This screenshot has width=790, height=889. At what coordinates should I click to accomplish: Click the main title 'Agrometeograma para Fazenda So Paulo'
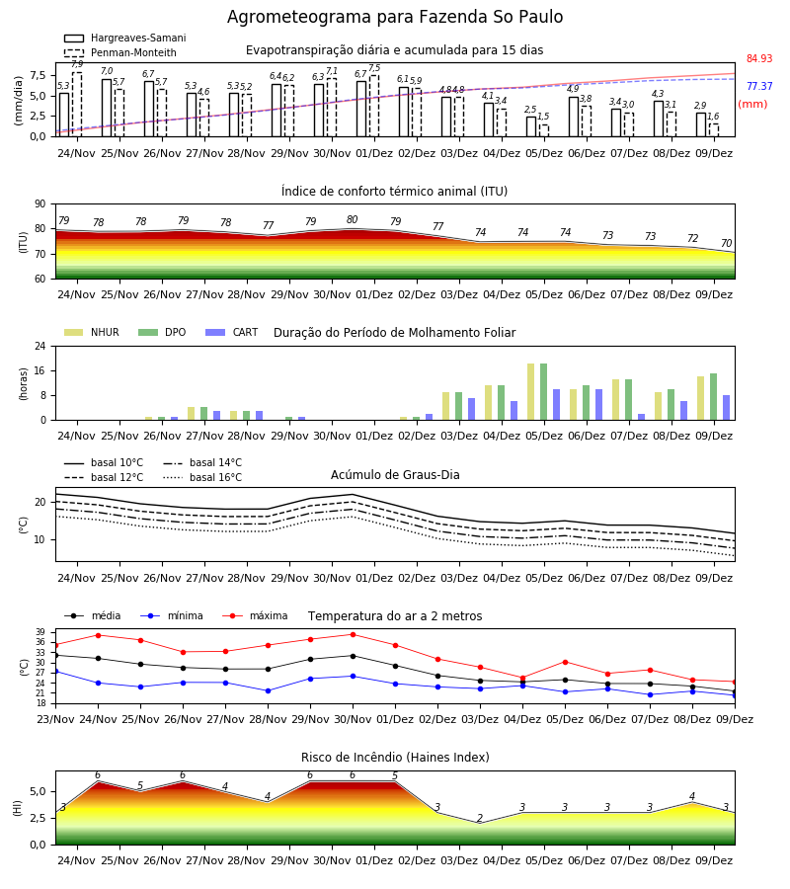[x=395, y=17]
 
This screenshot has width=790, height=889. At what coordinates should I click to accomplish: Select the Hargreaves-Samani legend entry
[x=125, y=38]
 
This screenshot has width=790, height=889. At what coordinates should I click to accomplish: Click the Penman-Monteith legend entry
[x=120, y=52]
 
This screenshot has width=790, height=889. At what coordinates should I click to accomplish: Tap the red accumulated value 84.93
[x=759, y=59]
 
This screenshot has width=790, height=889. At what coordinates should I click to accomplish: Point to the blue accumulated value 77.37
[x=759, y=86]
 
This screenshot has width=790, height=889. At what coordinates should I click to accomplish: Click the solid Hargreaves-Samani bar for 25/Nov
[x=107, y=108]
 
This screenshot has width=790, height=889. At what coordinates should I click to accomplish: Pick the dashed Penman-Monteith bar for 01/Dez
[x=374, y=106]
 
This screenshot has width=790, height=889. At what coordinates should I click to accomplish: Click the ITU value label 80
[x=352, y=219]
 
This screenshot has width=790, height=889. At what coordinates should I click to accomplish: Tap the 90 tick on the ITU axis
[x=40, y=204]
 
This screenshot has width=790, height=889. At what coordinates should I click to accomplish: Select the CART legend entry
[x=232, y=332]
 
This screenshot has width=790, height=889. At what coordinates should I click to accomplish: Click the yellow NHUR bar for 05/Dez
[x=531, y=392]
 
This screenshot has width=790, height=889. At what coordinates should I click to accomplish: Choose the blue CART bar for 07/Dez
[x=642, y=417]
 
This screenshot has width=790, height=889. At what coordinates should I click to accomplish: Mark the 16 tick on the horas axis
[x=40, y=370]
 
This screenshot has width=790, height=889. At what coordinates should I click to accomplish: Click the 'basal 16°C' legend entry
[x=202, y=477]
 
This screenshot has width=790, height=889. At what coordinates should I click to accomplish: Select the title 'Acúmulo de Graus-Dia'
[x=395, y=475]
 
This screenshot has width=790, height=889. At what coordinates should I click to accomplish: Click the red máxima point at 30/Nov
[x=354, y=634]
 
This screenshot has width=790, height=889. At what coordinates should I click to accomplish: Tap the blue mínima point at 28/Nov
[x=268, y=691]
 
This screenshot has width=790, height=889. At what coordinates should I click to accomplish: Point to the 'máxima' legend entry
[x=256, y=615]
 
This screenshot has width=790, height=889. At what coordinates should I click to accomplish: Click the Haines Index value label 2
[x=480, y=818]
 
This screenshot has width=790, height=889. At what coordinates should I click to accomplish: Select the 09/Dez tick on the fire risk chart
[x=714, y=860]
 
